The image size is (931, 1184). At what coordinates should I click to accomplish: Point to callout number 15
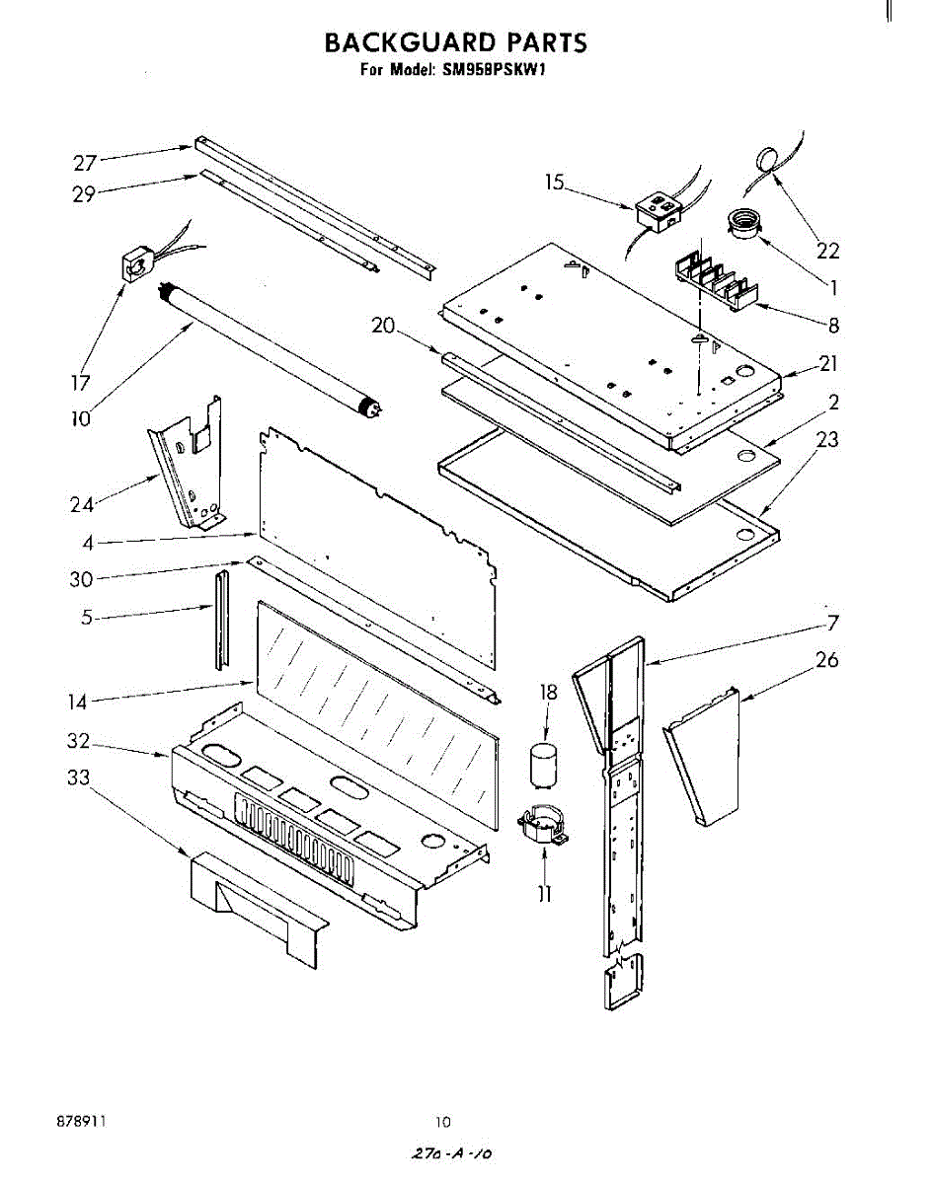click(555, 182)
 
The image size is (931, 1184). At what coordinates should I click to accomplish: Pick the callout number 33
click(78, 778)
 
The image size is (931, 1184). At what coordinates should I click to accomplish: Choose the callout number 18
click(548, 693)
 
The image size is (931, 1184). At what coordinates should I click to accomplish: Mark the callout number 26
click(827, 659)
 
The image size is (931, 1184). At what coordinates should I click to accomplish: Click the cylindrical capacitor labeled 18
click(541, 766)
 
